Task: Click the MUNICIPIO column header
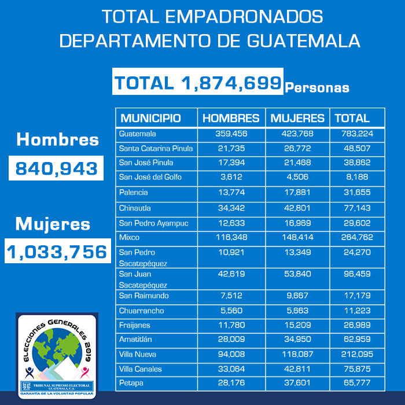150,118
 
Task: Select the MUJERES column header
297,118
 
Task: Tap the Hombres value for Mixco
231,237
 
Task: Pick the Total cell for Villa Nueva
357,354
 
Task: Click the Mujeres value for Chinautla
297,208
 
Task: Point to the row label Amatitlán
135,339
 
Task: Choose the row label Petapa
131,383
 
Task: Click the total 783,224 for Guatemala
357,134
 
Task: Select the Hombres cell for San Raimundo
231,296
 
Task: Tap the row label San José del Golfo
150,177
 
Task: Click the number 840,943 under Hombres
56,168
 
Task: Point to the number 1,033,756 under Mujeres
57,252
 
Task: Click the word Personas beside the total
317,88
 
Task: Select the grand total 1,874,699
198,83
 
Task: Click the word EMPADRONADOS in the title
244,17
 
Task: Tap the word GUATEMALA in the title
304,41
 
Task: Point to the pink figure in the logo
84,373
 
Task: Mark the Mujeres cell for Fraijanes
297,325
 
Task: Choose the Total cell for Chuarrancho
357,311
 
